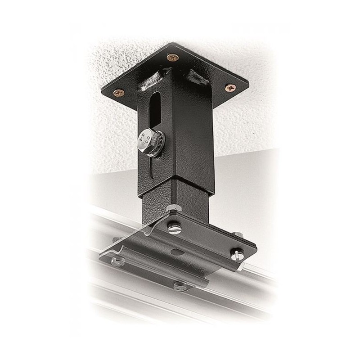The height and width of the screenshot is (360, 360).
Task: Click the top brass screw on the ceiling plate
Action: pos(171,57)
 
